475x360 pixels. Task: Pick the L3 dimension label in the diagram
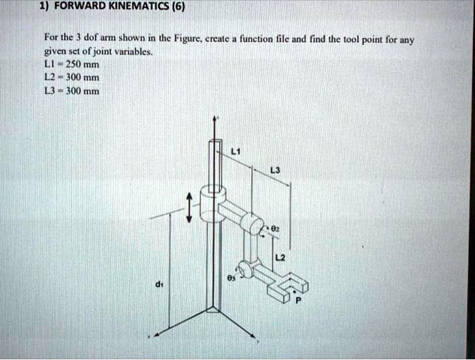pos(273,170)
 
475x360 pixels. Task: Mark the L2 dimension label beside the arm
pos(280,256)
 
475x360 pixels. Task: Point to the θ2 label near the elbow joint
pos(274,229)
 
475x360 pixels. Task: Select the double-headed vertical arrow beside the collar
pos(191,206)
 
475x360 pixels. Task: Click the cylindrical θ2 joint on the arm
pos(255,223)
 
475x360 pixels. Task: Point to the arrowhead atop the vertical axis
pos(216,120)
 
